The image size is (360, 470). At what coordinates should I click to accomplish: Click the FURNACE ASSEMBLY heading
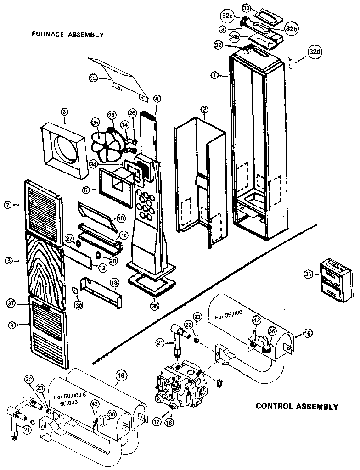(x=67, y=34)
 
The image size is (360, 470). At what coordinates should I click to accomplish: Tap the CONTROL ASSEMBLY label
(x=297, y=406)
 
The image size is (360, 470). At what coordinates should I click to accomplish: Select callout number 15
(x=93, y=78)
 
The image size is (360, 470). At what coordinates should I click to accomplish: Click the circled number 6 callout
(x=64, y=112)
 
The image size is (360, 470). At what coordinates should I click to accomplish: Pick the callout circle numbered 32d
(x=314, y=52)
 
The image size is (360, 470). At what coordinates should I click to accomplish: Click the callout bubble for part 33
(x=247, y=9)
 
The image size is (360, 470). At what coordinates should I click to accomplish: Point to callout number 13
(x=114, y=282)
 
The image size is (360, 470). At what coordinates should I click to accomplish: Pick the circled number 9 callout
(x=11, y=325)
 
